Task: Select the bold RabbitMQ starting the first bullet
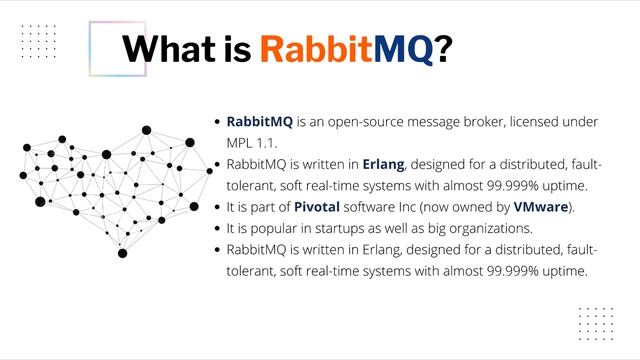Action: point(260,121)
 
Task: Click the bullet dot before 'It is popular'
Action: point(217,228)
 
